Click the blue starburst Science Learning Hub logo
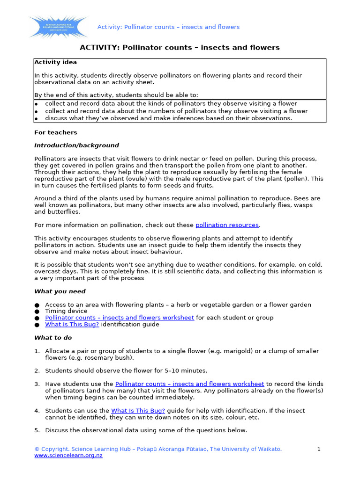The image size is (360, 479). click(58, 27)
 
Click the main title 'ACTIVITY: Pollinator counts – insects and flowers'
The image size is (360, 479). click(180, 48)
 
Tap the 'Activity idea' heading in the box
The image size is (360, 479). click(55, 62)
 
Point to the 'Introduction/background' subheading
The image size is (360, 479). click(76, 145)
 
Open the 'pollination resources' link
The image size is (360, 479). click(227, 225)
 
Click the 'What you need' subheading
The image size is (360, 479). click(60, 291)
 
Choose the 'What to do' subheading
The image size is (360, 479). click(53, 338)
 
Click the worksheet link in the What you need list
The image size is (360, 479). click(119, 318)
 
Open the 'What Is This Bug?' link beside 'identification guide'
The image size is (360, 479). click(72, 324)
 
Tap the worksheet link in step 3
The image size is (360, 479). click(189, 384)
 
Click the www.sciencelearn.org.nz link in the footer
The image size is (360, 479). click(68, 456)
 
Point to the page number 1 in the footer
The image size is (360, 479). click(319, 449)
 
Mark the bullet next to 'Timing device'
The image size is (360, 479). click(37, 312)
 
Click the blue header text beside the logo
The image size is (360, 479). click(168, 27)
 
